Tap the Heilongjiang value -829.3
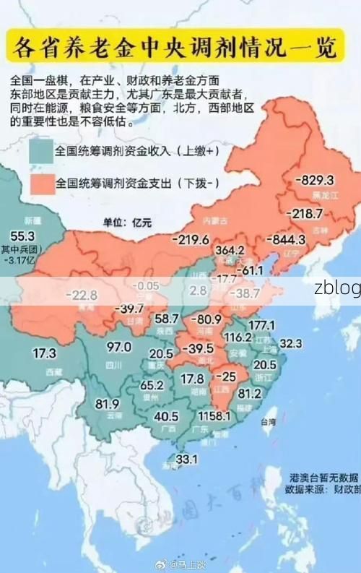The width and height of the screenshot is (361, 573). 314,179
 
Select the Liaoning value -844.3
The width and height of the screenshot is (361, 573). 287,239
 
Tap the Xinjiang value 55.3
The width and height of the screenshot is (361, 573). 22,236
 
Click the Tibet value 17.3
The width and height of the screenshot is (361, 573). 44,353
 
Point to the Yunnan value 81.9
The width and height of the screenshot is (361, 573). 107,403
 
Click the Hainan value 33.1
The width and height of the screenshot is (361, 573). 187,459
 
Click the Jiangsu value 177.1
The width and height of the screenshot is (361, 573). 261,325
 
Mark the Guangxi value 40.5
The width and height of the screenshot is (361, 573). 166,416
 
